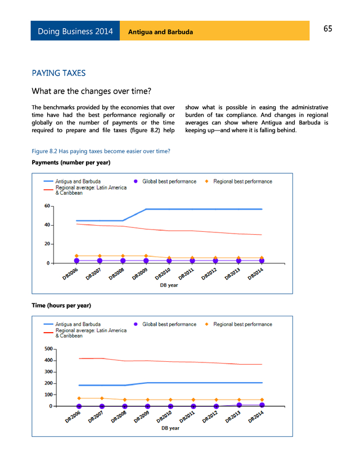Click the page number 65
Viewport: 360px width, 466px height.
327,29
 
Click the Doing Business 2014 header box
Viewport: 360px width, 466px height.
75,32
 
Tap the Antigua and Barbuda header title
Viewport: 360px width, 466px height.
160,32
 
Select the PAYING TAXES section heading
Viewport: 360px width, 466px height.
58,73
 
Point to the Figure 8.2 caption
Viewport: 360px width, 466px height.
101,151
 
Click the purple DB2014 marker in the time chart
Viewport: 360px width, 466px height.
262,405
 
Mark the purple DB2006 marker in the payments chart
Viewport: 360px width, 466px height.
76,261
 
